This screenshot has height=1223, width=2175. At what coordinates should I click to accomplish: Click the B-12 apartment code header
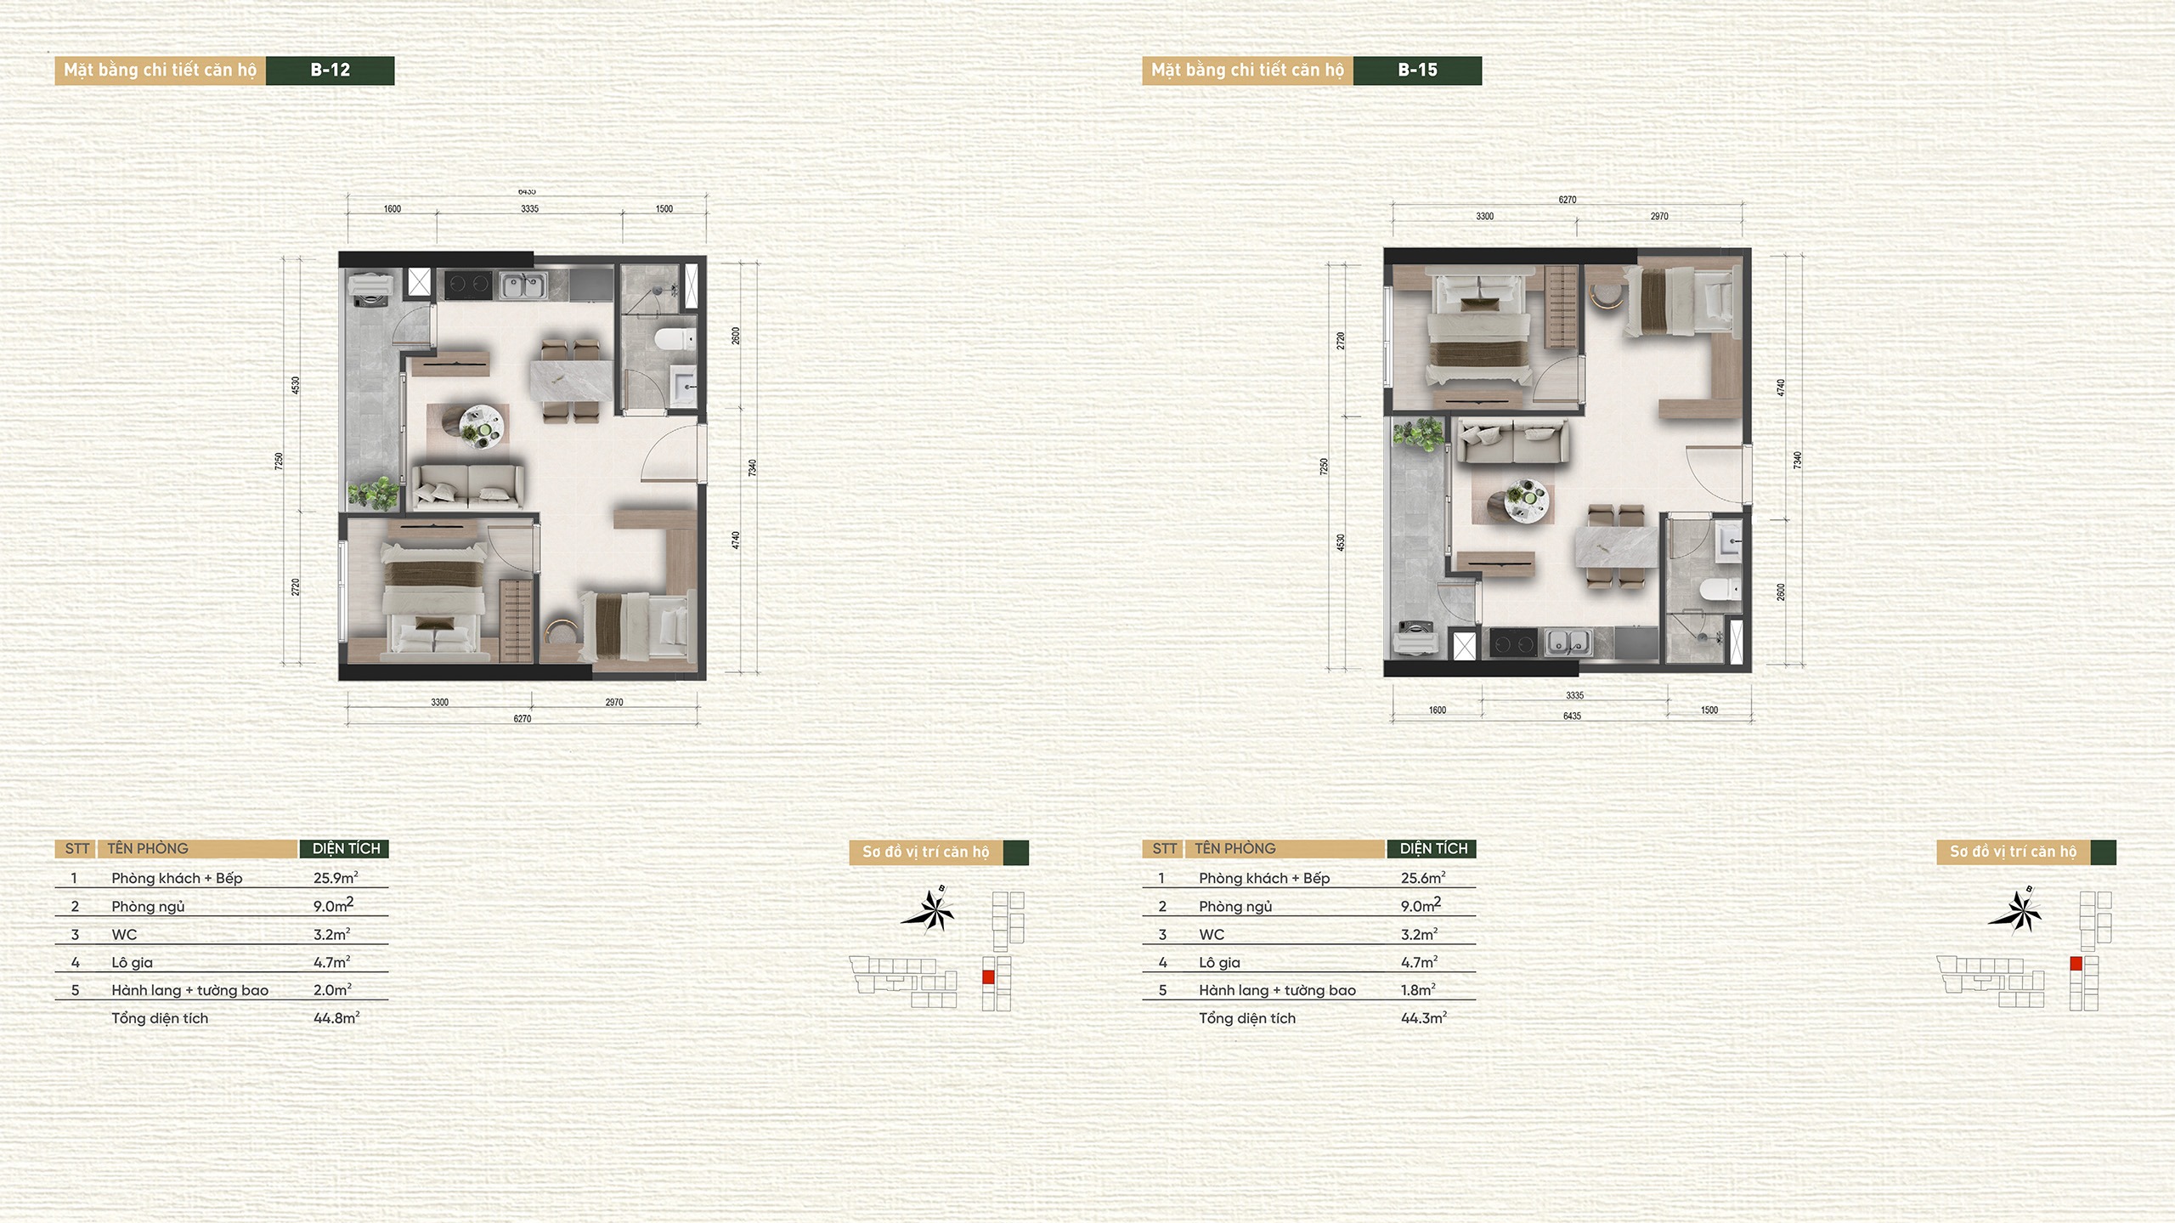click(x=330, y=71)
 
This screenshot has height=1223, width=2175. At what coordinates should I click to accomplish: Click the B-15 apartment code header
click(x=1417, y=71)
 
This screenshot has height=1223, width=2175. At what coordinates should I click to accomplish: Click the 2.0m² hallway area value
click(x=332, y=990)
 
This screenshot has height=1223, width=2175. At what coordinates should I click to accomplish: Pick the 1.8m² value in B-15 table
click(x=1418, y=990)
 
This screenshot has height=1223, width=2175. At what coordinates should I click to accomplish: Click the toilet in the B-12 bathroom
click(x=675, y=340)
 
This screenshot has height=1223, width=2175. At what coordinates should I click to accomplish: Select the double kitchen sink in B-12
click(x=523, y=285)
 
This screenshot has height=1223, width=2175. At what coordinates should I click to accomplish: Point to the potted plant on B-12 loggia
click(x=374, y=493)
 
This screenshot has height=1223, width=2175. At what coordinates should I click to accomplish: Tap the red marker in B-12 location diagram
click(x=988, y=977)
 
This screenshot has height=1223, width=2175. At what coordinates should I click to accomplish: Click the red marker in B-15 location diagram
click(x=2076, y=964)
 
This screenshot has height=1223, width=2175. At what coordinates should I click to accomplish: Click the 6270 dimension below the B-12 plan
click(x=522, y=719)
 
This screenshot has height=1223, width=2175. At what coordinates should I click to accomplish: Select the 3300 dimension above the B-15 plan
click(x=1484, y=216)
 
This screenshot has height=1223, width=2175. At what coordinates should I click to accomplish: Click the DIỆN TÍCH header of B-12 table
click(x=346, y=848)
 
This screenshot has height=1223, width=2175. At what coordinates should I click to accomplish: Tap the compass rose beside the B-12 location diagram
click(x=929, y=911)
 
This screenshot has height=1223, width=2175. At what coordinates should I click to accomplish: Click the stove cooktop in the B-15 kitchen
click(x=1513, y=643)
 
